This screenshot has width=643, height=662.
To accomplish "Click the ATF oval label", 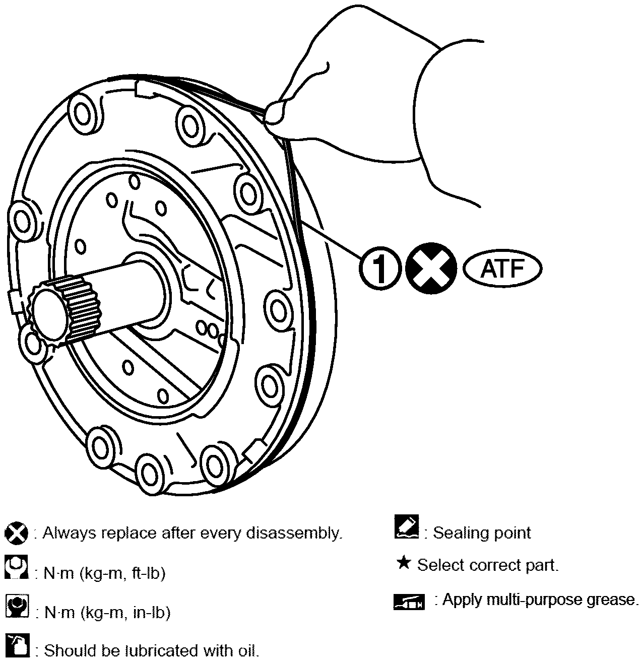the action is click(502, 269).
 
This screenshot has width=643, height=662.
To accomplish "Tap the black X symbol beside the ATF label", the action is click(431, 269).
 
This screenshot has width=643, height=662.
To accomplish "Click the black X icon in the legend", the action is click(16, 533).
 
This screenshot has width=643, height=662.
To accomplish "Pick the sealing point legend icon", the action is click(407, 527).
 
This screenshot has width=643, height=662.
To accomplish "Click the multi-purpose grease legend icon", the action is click(409, 602).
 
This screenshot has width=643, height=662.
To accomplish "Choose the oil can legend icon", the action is click(17, 645).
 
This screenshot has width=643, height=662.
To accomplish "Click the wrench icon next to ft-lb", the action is click(16, 567).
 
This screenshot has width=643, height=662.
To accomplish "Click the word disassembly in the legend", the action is click(294, 534).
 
